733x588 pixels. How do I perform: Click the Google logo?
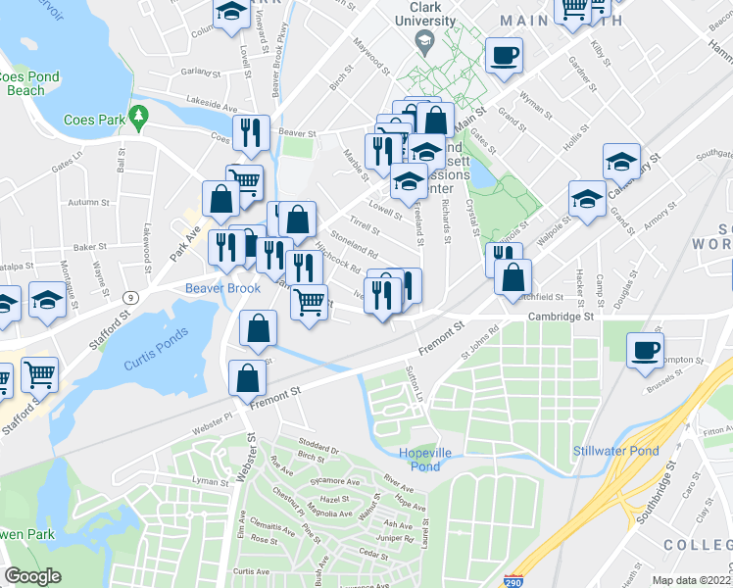coord(32,576)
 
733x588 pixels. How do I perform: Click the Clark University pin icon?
coord(424,40)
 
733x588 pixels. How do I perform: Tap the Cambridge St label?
coord(562,317)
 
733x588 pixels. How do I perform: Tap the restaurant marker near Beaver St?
coord(251,133)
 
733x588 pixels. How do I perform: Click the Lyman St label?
coord(210,481)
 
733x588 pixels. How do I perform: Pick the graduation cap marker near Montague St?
coord(46,300)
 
